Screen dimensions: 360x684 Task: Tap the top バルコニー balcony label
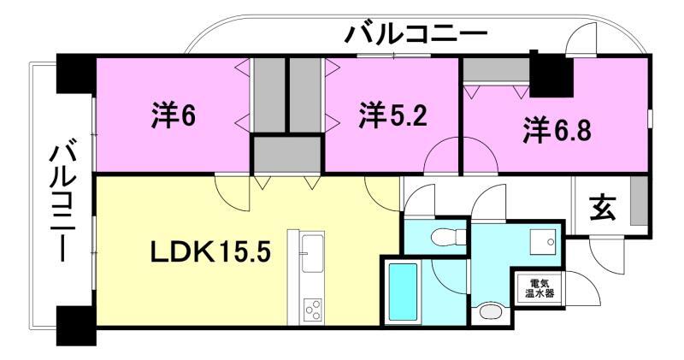[416, 36]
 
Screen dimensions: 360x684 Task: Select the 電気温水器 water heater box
[539, 287]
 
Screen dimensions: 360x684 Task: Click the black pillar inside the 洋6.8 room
[551, 74]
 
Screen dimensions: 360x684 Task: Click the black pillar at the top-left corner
[75, 74]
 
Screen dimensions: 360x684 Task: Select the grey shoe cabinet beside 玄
[638, 204]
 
